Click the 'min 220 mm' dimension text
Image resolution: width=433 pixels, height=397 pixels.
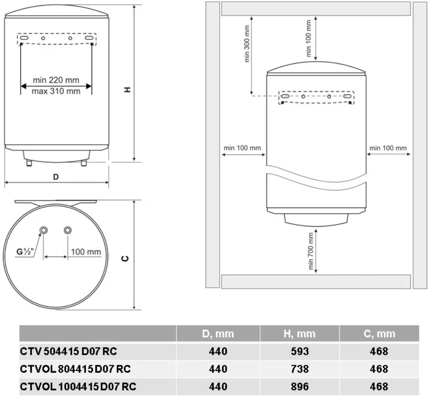[56, 80]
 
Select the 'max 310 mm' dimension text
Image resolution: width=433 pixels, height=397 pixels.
[56, 91]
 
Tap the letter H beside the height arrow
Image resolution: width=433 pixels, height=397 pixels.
[127, 90]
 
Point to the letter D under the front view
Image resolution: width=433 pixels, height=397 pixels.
[56, 177]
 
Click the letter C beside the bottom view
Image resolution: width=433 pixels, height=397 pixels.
[125, 259]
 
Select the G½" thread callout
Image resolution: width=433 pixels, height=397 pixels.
[25, 251]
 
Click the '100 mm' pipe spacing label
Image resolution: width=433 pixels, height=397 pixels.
[86, 252]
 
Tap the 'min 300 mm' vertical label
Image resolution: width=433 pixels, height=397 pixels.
[247, 44]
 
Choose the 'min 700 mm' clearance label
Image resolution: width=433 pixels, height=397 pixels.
[311, 251]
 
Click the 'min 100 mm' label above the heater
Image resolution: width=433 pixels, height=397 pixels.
[309, 39]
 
